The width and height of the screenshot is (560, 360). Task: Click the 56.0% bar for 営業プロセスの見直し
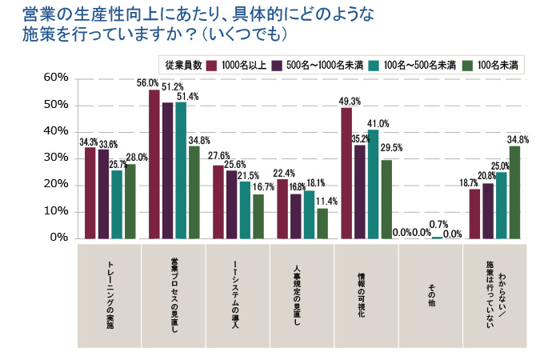154,164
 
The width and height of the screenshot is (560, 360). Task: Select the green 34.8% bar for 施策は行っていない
514,192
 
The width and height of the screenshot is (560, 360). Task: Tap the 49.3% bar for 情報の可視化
346,173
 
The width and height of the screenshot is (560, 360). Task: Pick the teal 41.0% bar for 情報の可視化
373,184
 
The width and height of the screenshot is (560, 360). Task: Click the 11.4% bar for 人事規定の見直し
322,223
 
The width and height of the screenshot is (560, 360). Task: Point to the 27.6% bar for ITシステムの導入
218,202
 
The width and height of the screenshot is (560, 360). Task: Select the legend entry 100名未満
498,64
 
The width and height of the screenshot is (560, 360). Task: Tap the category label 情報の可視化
366,295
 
